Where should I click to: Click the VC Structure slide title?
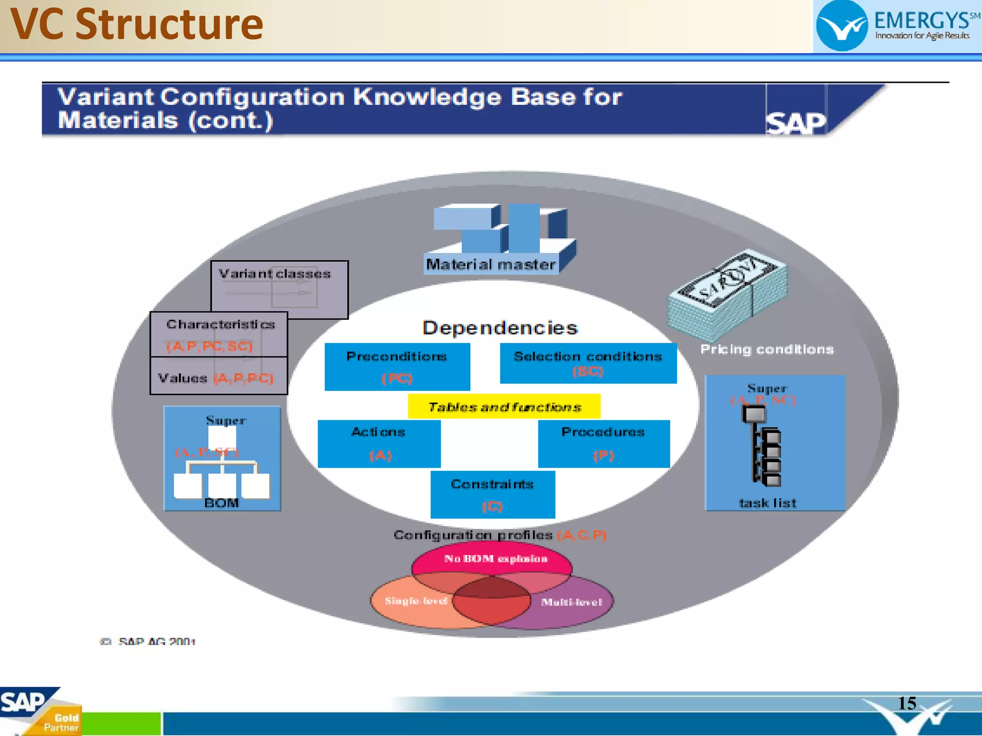click(137, 25)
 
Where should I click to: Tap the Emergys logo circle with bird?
click(842, 26)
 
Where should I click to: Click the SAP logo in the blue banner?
click(796, 123)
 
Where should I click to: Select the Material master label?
click(491, 264)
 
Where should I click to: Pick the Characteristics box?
click(219, 334)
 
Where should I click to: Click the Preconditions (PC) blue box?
click(397, 367)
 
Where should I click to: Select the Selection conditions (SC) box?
click(588, 363)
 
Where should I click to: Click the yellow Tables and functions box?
click(504, 406)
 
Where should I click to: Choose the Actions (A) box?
click(379, 443)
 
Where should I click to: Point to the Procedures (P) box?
click(603, 443)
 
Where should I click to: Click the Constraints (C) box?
click(492, 494)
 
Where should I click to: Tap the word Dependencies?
click(500, 328)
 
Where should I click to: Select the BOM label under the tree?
click(222, 503)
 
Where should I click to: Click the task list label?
click(767, 503)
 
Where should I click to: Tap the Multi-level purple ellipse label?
click(572, 602)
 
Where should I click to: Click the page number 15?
click(907, 703)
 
